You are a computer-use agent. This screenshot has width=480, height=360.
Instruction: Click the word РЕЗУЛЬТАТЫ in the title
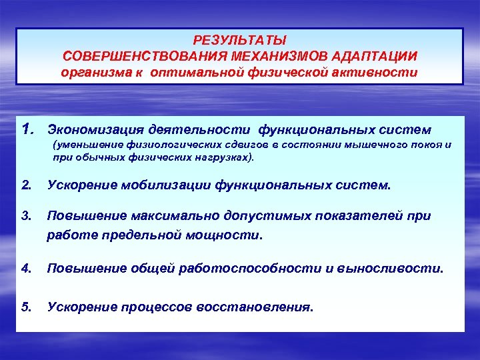(x=239, y=41)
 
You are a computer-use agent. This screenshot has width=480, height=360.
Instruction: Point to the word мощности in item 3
(x=233, y=235)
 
